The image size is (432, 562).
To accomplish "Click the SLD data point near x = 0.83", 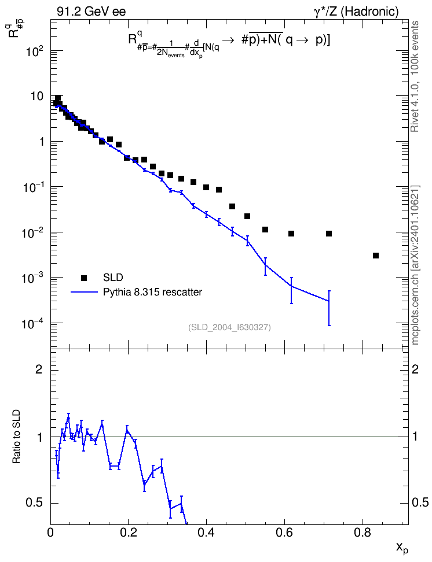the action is point(376,256).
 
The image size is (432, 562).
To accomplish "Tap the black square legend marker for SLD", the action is point(84,278).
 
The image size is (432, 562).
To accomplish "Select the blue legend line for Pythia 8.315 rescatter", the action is point(84,292).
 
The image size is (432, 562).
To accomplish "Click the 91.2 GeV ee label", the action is point(91,12).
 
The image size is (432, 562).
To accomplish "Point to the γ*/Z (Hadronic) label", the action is point(356,12).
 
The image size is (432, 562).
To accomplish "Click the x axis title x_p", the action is point(402,548).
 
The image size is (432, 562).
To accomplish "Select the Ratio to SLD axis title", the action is point(16,436).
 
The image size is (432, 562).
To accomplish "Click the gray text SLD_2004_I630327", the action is point(229,327).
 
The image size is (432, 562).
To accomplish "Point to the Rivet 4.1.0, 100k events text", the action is point(415,76).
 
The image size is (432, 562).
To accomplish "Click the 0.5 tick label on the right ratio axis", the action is point(420,503).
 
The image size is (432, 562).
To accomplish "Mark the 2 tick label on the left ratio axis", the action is point(39,369).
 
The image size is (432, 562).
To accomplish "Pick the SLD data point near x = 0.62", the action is point(291,234).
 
